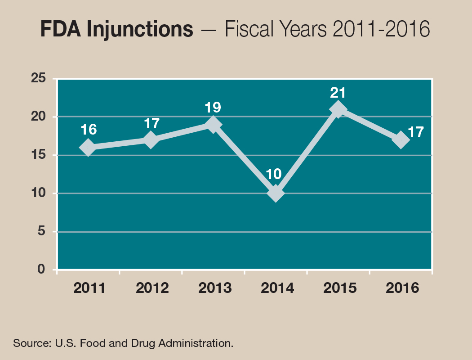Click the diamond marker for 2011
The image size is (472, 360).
tap(88, 148)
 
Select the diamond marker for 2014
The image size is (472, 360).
tap(275, 193)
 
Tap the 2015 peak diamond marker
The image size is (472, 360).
tap(338, 110)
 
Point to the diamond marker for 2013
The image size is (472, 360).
tap(213, 125)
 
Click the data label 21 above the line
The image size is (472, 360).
tap(338, 93)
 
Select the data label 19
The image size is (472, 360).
tap(213, 108)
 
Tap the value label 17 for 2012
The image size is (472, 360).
tap(151, 123)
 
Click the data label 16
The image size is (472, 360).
tap(89, 130)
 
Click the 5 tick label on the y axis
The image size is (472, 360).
tap(42, 232)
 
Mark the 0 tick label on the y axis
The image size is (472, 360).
tap(42, 270)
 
